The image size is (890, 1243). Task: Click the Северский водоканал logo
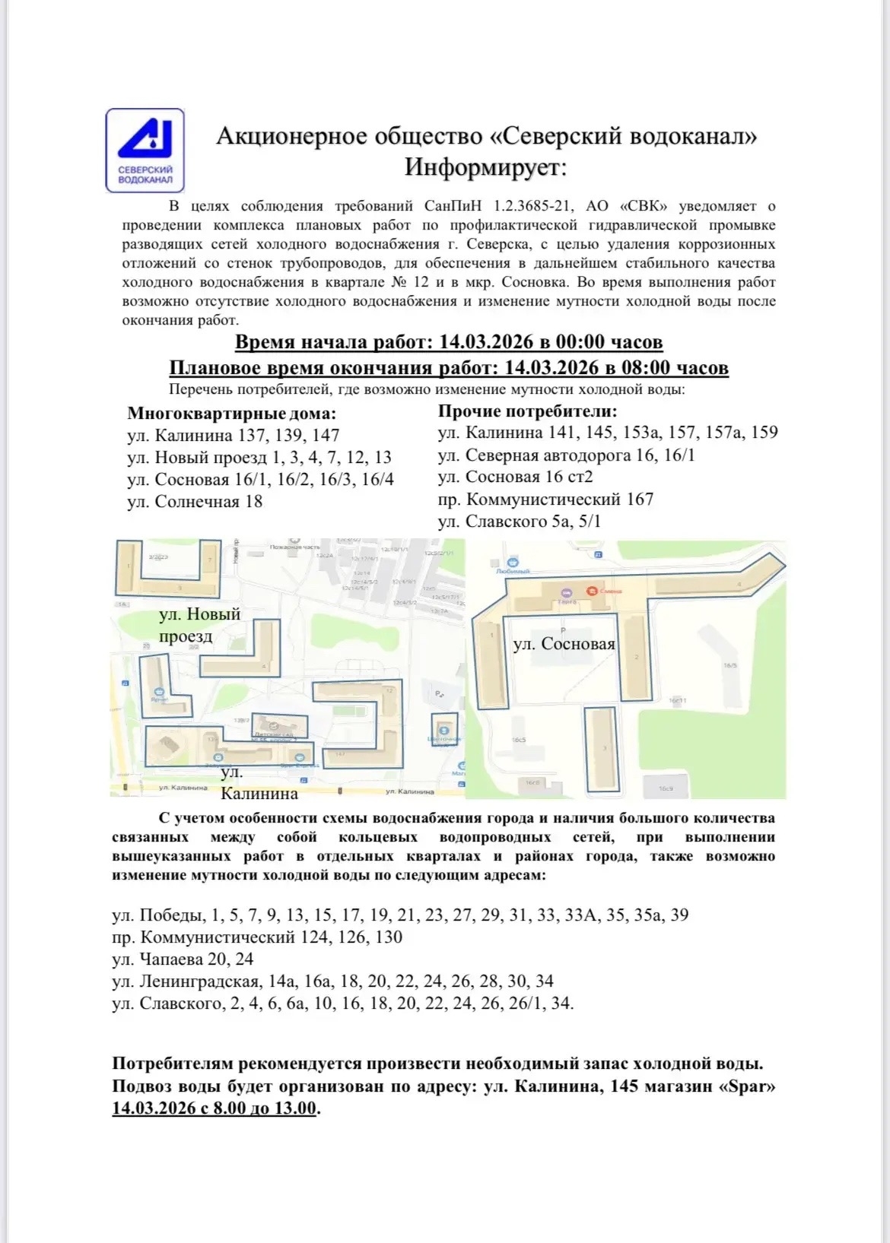[x=145, y=150]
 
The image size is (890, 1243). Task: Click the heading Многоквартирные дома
[x=231, y=414]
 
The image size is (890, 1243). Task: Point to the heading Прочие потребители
[x=527, y=411]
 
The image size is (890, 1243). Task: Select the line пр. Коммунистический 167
[x=545, y=499]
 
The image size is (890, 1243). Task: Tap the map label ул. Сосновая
[x=564, y=644]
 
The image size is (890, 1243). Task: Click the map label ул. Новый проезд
[x=199, y=625]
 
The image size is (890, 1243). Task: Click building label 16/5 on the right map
[x=729, y=665]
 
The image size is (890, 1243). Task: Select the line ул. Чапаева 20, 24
[x=183, y=959]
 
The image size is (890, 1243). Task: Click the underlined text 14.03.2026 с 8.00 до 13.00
[x=214, y=1108]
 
